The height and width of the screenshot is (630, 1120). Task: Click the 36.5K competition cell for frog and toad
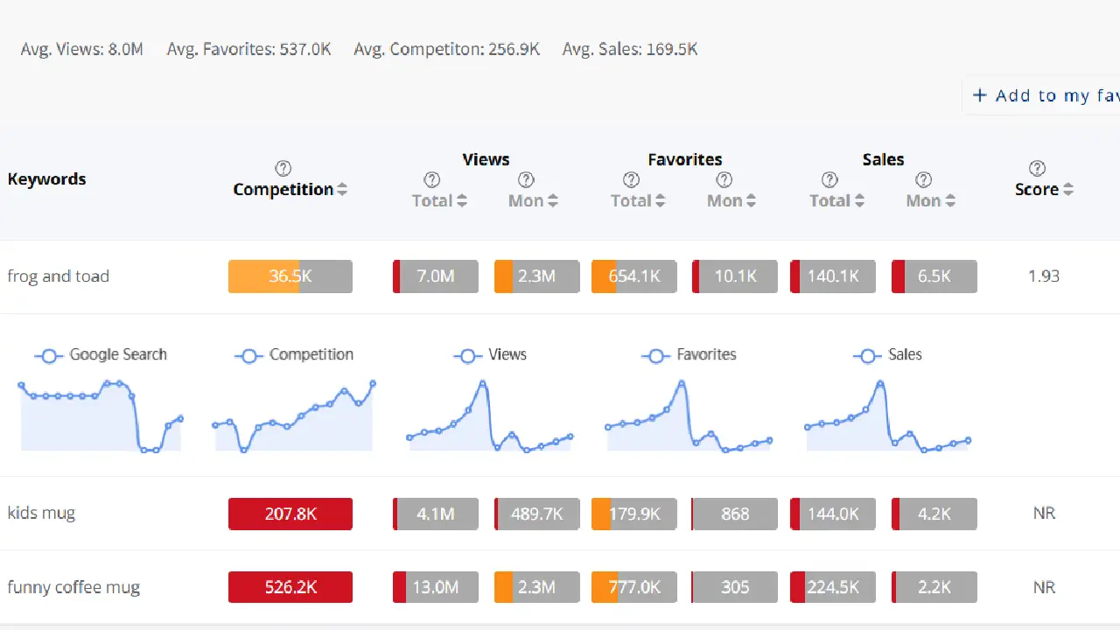click(x=290, y=276)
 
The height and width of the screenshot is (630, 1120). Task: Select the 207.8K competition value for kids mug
click(x=290, y=514)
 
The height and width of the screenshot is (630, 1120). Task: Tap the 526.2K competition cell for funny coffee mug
click(x=290, y=587)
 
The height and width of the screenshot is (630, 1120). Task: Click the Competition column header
click(x=283, y=190)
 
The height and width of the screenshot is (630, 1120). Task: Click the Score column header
click(x=1037, y=190)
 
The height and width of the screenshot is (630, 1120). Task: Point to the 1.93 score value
click(x=1043, y=276)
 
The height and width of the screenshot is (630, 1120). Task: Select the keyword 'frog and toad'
click(x=59, y=276)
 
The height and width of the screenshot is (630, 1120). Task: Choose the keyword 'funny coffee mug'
click(x=73, y=587)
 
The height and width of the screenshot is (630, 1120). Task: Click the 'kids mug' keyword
click(x=41, y=514)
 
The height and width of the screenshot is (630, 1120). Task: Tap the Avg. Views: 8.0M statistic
click(x=81, y=49)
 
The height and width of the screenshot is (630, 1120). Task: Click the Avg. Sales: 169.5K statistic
click(x=629, y=49)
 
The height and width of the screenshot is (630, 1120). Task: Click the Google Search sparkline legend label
click(x=117, y=354)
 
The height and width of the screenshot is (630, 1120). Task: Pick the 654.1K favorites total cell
click(x=634, y=276)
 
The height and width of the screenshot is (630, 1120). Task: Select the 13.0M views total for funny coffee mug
click(x=436, y=587)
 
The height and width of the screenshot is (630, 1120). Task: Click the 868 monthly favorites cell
click(x=734, y=514)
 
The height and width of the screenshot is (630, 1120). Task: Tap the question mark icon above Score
click(x=1037, y=168)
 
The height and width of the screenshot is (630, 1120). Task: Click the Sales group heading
click(x=883, y=159)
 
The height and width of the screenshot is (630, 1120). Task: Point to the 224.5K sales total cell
click(x=833, y=587)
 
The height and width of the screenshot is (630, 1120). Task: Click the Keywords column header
click(x=47, y=179)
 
